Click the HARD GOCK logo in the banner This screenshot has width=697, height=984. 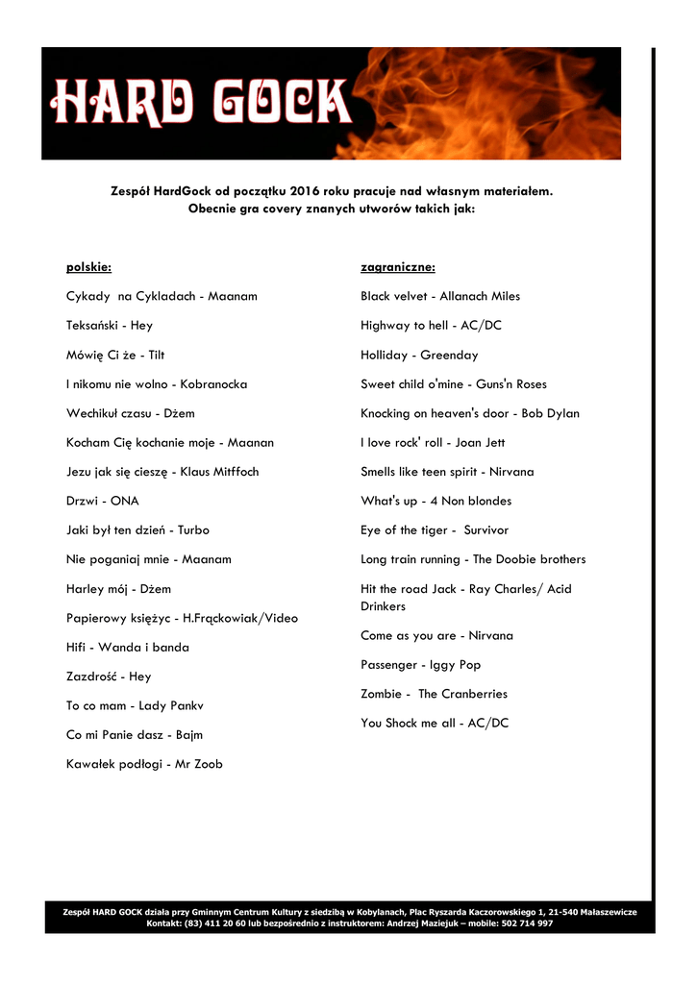click(x=201, y=103)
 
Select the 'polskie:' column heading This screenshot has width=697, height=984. click(x=88, y=266)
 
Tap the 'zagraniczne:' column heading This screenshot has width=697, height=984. click(x=398, y=266)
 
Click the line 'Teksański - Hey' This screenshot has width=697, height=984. click(x=109, y=326)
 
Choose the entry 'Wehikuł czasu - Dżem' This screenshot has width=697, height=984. click(x=130, y=413)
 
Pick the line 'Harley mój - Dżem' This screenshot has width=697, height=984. click(x=118, y=588)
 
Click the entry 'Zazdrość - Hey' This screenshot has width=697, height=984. click(x=109, y=676)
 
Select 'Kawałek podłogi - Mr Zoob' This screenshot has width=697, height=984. click(x=144, y=764)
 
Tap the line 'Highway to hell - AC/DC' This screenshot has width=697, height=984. click(x=431, y=326)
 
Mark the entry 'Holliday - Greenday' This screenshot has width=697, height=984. click(x=419, y=355)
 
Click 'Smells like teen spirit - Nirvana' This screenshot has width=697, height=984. click(x=447, y=472)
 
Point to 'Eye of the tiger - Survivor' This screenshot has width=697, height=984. click(x=435, y=529)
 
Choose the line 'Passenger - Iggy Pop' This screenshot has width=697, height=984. click(x=420, y=664)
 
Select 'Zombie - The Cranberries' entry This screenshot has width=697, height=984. click(x=434, y=693)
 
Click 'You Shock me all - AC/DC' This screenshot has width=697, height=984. click(x=435, y=723)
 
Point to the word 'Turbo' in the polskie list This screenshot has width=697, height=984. click(x=192, y=529)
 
